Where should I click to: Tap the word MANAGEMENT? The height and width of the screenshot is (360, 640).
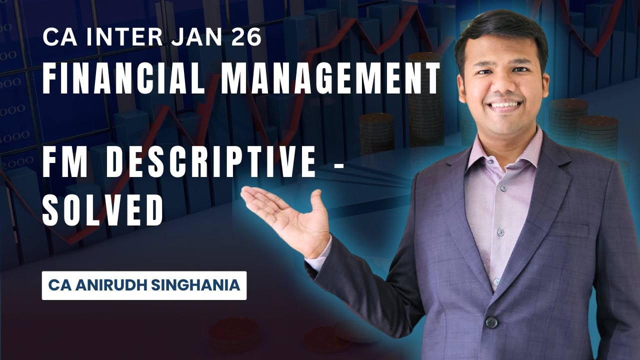[331, 79]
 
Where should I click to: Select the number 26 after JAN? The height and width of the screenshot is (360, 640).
[246, 38]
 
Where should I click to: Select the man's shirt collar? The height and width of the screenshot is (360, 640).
[480, 150]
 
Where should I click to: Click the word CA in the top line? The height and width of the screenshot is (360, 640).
[54, 38]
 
